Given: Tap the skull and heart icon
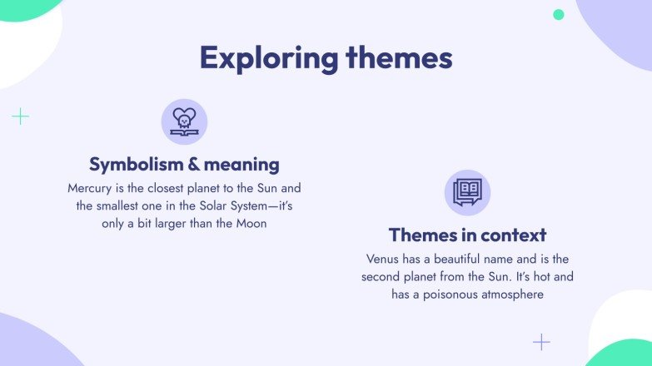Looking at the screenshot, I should point(184,121).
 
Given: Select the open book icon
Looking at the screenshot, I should point(467,192).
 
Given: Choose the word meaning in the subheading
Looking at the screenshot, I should point(239,164).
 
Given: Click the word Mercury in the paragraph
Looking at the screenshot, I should point(92,188).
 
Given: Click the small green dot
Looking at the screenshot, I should point(559,14).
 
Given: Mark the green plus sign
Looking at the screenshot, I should point(20,116).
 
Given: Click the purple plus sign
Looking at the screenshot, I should point(541,342).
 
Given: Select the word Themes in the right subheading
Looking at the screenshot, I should point(421,235).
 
